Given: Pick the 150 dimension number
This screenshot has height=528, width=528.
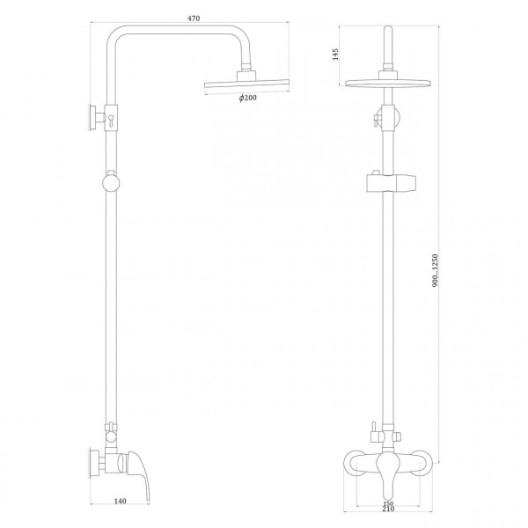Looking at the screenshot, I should click(388, 503).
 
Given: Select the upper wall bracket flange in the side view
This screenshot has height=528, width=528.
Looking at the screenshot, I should click(91, 117).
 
